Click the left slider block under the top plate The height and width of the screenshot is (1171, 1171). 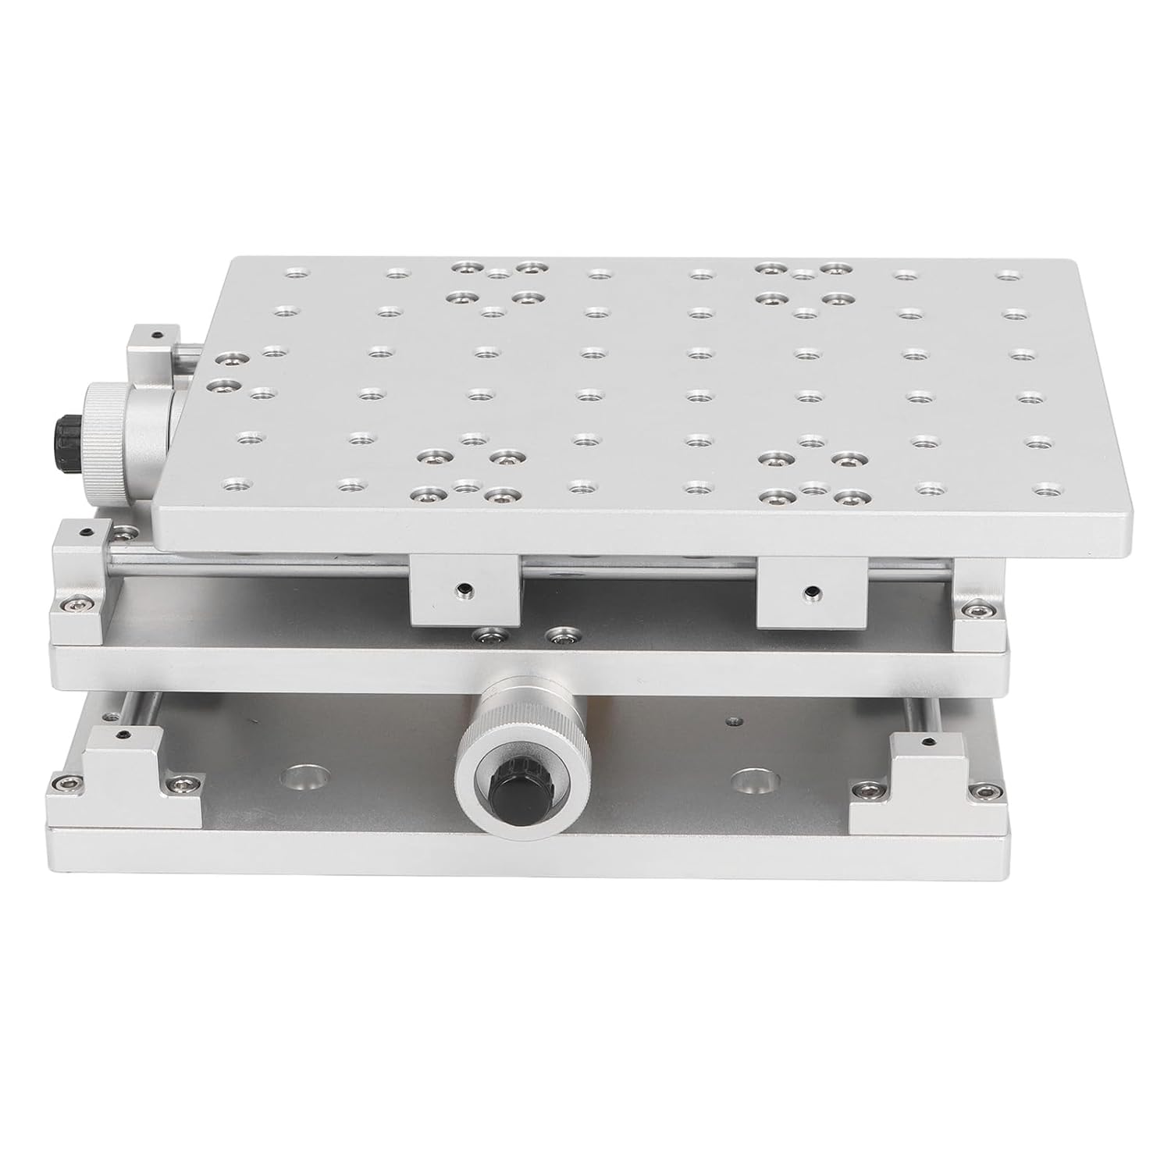(463, 589)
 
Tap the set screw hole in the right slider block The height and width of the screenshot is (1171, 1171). (813, 590)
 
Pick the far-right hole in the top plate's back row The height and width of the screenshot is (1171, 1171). (1009, 276)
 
